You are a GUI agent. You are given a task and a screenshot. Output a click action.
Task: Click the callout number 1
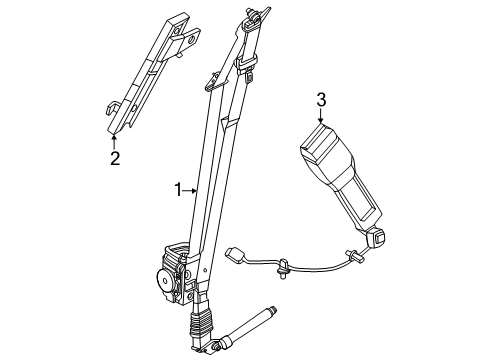(x=179, y=188)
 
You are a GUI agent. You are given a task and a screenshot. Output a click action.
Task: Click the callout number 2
(x=115, y=158)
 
